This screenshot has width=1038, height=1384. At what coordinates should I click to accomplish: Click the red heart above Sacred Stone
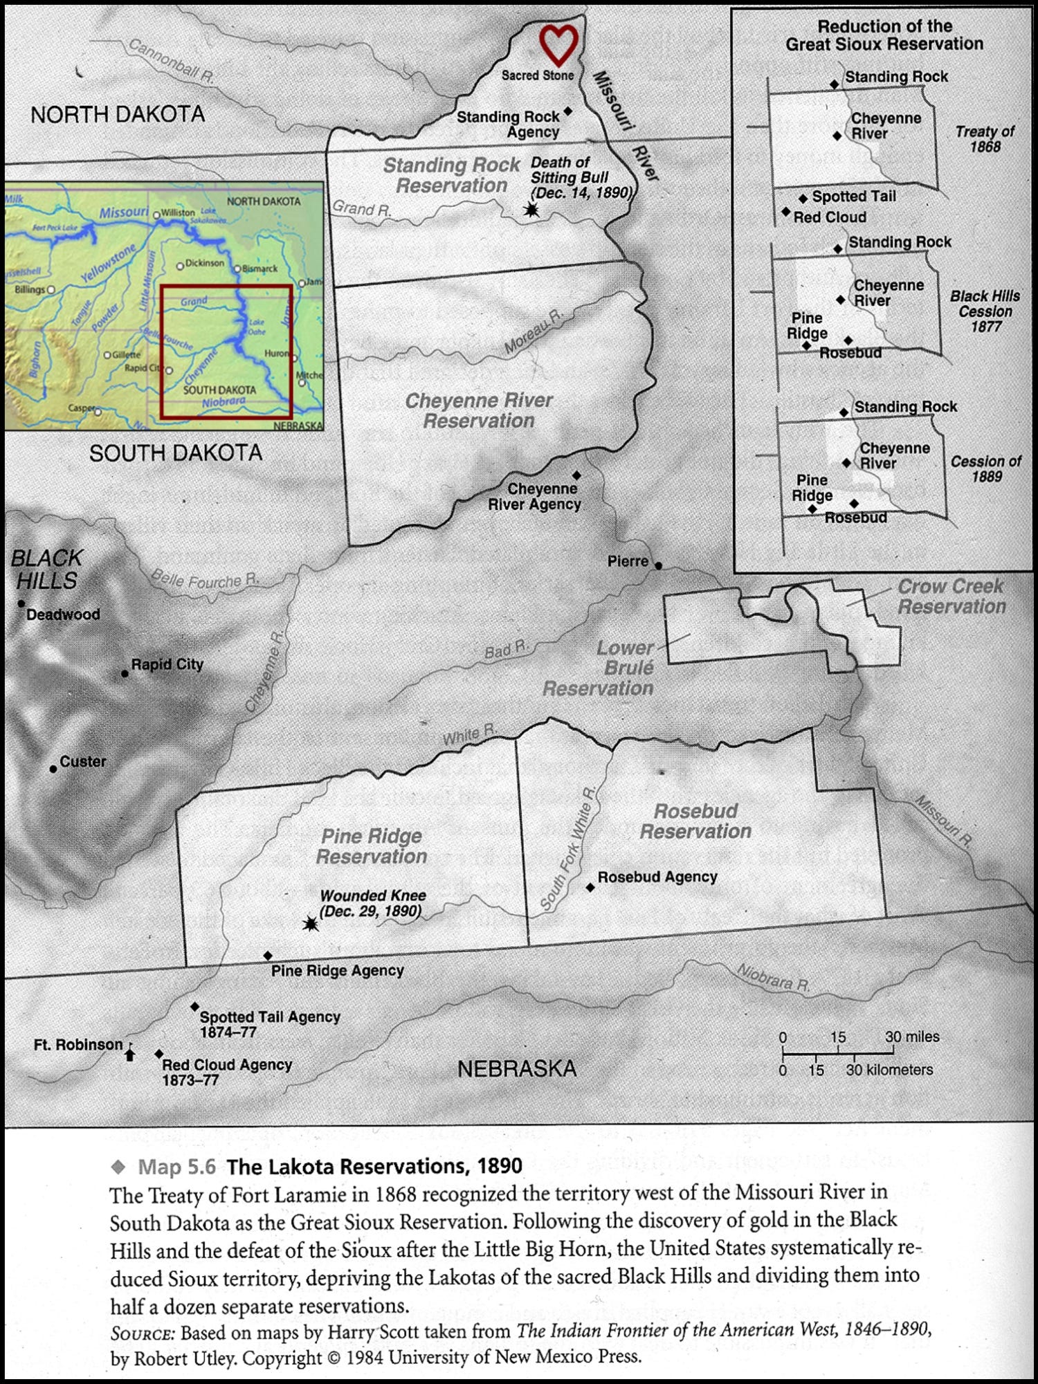[558, 45]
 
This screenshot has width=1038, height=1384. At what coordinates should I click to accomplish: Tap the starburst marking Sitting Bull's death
[531, 209]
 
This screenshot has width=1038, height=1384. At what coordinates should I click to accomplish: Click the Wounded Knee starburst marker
[311, 924]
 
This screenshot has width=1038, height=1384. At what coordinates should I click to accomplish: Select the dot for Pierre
[659, 565]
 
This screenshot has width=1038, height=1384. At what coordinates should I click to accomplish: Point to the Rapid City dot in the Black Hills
[125, 673]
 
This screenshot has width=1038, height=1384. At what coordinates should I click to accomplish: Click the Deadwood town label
[63, 614]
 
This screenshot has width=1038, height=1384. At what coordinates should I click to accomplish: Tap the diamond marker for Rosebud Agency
[590, 887]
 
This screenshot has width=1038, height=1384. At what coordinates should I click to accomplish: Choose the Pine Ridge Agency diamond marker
[268, 956]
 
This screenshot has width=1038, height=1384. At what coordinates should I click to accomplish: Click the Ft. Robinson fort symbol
[129, 1054]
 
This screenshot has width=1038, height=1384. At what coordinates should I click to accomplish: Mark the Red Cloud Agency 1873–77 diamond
[159, 1054]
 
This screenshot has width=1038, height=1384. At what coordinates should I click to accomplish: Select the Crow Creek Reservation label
[951, 597]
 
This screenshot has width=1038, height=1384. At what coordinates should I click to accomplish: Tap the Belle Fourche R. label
[205, 580]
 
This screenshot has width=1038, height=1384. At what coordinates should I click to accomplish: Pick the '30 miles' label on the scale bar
[912, 1037]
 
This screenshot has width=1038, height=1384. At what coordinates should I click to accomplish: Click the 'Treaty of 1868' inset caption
[985, 138]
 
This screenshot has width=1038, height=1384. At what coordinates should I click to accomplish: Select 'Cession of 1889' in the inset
[985, 468]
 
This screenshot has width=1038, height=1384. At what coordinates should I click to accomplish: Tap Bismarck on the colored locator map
[259, 268]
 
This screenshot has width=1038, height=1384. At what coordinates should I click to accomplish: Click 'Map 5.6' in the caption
[176, 1167]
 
